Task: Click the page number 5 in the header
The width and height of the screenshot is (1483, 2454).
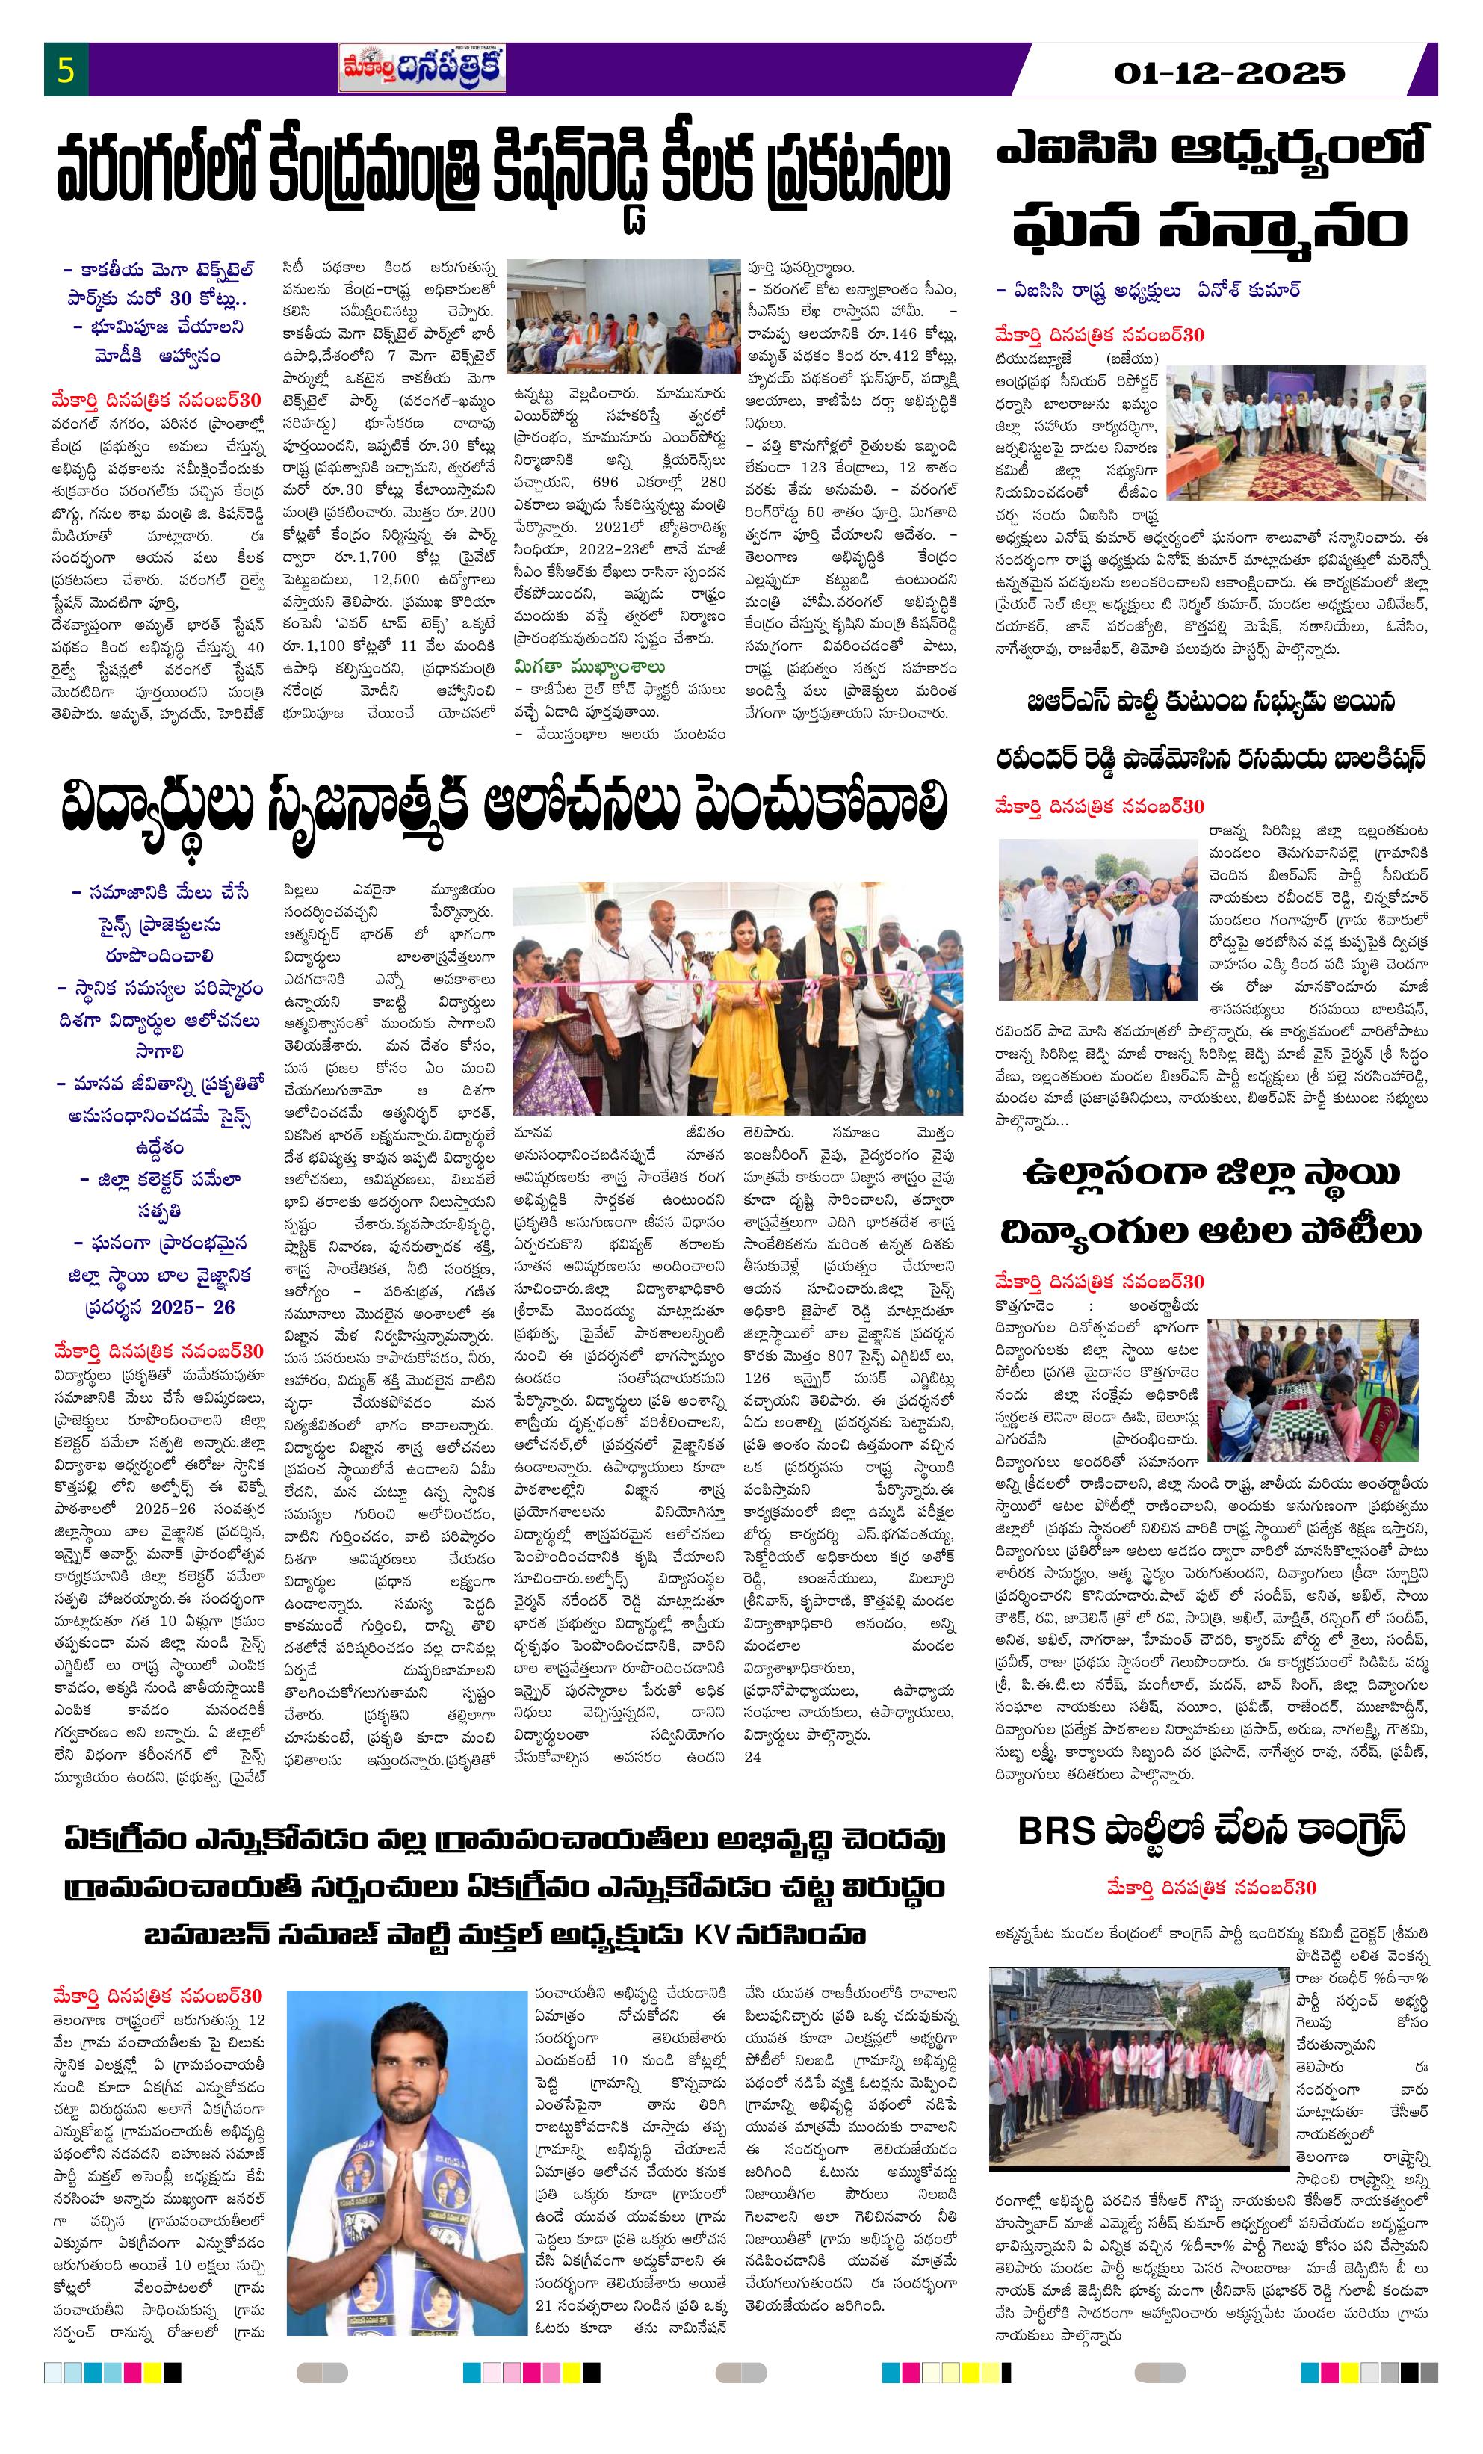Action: click(x=66, y=72)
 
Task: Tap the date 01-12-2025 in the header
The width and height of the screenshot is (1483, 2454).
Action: click(x=1229, y=72)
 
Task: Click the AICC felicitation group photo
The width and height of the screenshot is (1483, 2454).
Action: click(x=1295, y=432)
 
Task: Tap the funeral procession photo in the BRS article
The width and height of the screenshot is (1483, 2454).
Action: click(x=1097, y=918)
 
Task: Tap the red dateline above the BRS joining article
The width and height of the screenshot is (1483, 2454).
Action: click(x=1211, y=1888)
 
